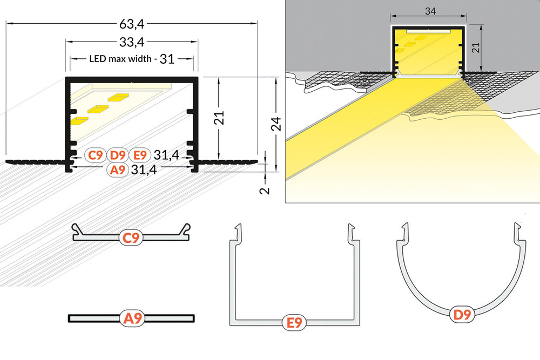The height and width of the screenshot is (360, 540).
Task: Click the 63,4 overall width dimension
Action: (x=131, y=23)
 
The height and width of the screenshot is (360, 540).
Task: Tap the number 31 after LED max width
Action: (x=167, y=59)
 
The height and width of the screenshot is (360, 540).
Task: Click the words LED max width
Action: (x=120, y=59)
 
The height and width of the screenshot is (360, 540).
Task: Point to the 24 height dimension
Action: (x=276, y=124)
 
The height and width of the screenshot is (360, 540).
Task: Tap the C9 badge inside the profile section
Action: (x=95, y=155)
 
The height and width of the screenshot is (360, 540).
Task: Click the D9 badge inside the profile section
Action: (x=118, y=155)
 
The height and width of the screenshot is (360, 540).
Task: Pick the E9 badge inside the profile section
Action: (x=140, y=155)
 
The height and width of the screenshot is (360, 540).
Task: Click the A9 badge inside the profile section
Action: (x=117, y=170)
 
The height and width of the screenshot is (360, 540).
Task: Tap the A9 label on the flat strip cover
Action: (x=131, y=319)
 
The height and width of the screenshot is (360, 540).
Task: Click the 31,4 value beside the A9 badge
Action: (x=144, y=170)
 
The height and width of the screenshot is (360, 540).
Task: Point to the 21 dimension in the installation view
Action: (x=475, y=49)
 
